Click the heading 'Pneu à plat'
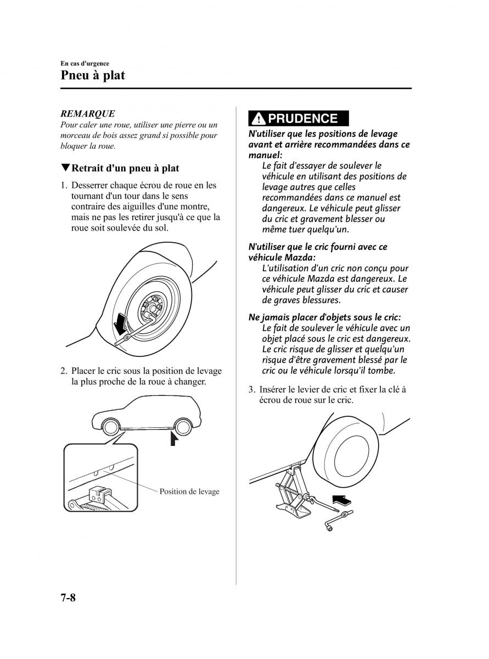tap(93, 75)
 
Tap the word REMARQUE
tap(87, 114)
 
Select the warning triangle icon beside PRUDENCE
tap(258, 119)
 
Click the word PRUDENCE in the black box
tap(303, 119)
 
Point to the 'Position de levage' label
tap(189, 492)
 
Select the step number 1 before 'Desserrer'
tap(64, 186)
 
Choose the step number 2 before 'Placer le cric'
tap(64, 371)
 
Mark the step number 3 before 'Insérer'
tap(251, 390)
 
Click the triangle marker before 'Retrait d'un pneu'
tap(65, 168)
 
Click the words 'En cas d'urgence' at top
tap(85, 64)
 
